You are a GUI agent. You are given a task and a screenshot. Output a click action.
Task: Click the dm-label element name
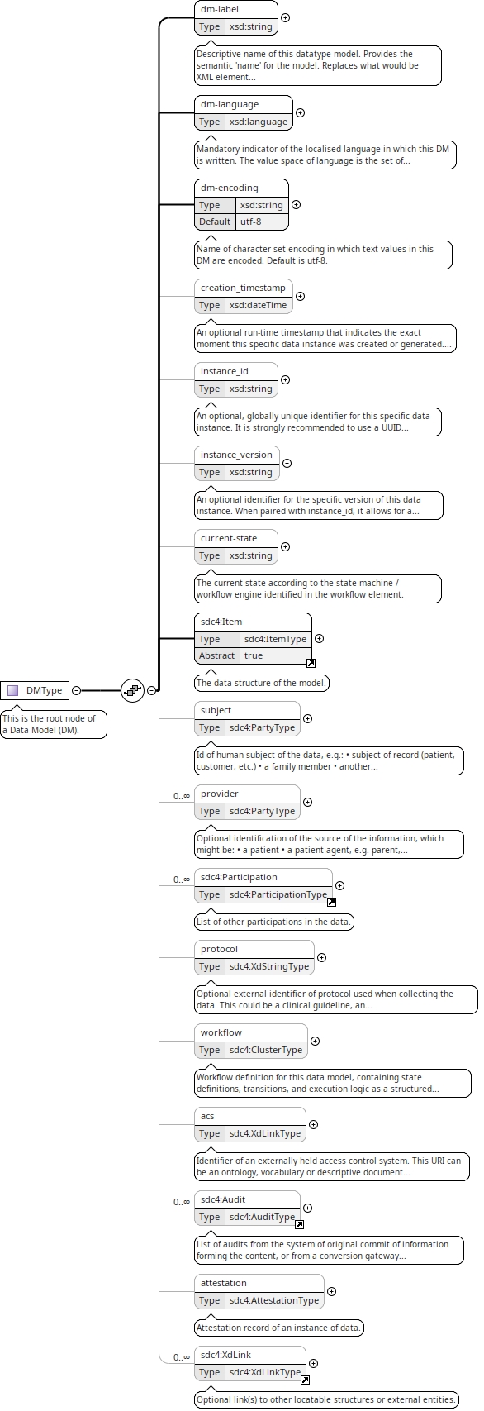pos(219,9)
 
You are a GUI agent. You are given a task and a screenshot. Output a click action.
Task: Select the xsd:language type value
pos(258,122)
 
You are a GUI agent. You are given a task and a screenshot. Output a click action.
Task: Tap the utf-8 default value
pos(250,221)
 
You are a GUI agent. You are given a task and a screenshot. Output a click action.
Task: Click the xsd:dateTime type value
pos(258,305)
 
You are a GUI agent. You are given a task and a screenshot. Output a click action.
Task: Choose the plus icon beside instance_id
pos(285,380)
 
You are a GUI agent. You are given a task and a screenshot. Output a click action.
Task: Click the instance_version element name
pos(236,454)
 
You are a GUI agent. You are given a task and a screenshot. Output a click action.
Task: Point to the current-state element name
pos(229,538)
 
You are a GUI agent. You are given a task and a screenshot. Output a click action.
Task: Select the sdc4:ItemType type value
pos(275,639)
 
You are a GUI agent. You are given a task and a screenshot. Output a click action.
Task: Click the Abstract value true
pos(253,655)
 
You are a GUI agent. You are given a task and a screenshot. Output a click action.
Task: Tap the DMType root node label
pos(44,690)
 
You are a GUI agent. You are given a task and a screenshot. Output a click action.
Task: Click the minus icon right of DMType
pos(76,690)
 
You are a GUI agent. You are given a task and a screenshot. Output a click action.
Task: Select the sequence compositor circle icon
pos(132,690)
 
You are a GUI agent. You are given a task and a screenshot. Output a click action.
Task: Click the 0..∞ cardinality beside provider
pos(181,796)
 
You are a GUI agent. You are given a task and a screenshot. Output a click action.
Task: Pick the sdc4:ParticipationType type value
pos(278,894)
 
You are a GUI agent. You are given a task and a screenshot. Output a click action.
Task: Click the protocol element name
pos(219,949)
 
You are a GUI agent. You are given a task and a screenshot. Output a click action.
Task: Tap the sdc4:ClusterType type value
pos(266,1050)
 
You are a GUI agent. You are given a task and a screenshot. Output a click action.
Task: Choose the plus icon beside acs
pos(313,1124)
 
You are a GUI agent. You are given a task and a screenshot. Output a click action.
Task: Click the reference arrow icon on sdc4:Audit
pos(300,1224)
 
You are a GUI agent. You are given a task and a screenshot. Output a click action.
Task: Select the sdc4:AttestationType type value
pos(273,1300)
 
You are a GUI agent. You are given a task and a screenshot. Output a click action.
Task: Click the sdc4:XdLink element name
pos(225,1354)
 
